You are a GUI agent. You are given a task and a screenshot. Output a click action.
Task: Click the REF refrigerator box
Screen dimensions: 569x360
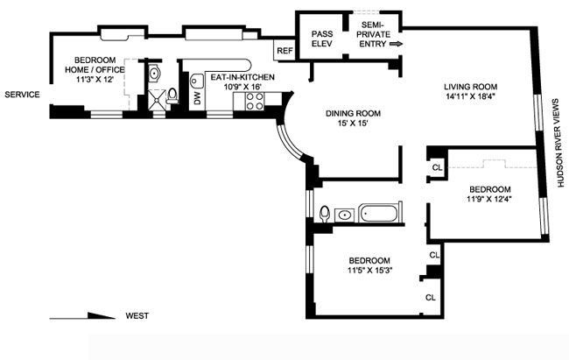[284, 51]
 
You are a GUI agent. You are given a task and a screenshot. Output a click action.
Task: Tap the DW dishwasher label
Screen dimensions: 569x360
[198, 98]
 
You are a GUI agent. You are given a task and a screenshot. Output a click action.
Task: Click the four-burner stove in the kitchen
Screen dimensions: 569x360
[255, 102]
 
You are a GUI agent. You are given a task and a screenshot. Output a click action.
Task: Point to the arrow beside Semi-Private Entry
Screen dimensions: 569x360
[396, 44]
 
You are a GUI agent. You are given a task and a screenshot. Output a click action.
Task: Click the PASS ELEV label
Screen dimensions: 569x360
[322, 39]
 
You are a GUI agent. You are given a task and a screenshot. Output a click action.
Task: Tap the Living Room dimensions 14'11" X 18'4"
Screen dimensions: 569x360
[471, 96]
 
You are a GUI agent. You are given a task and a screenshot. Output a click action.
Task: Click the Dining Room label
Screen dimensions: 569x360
[353, 113]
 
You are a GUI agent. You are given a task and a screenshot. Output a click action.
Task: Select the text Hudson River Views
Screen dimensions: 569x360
[560, 143]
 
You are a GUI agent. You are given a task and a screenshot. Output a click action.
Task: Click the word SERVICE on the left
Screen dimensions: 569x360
[22, 95]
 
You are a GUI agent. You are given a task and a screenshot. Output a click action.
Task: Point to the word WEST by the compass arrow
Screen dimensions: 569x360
[137, 315]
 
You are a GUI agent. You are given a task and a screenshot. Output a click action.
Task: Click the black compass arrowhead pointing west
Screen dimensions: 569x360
[102, 315]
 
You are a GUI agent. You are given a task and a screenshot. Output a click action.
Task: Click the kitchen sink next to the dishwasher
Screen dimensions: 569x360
[197, 81]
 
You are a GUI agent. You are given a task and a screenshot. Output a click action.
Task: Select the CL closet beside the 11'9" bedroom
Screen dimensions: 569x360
[438, 167]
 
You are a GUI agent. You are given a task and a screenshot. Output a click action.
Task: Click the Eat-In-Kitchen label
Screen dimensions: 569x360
[242, 77]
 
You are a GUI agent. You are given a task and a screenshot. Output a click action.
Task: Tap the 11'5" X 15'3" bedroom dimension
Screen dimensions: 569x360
[369, 270]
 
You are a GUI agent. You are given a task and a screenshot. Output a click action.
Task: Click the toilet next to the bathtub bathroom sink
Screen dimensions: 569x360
[325, 214]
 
